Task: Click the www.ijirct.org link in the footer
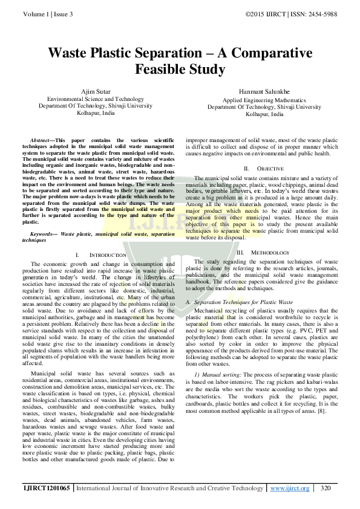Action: point(290,488)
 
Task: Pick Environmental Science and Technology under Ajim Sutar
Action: point(96,99)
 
